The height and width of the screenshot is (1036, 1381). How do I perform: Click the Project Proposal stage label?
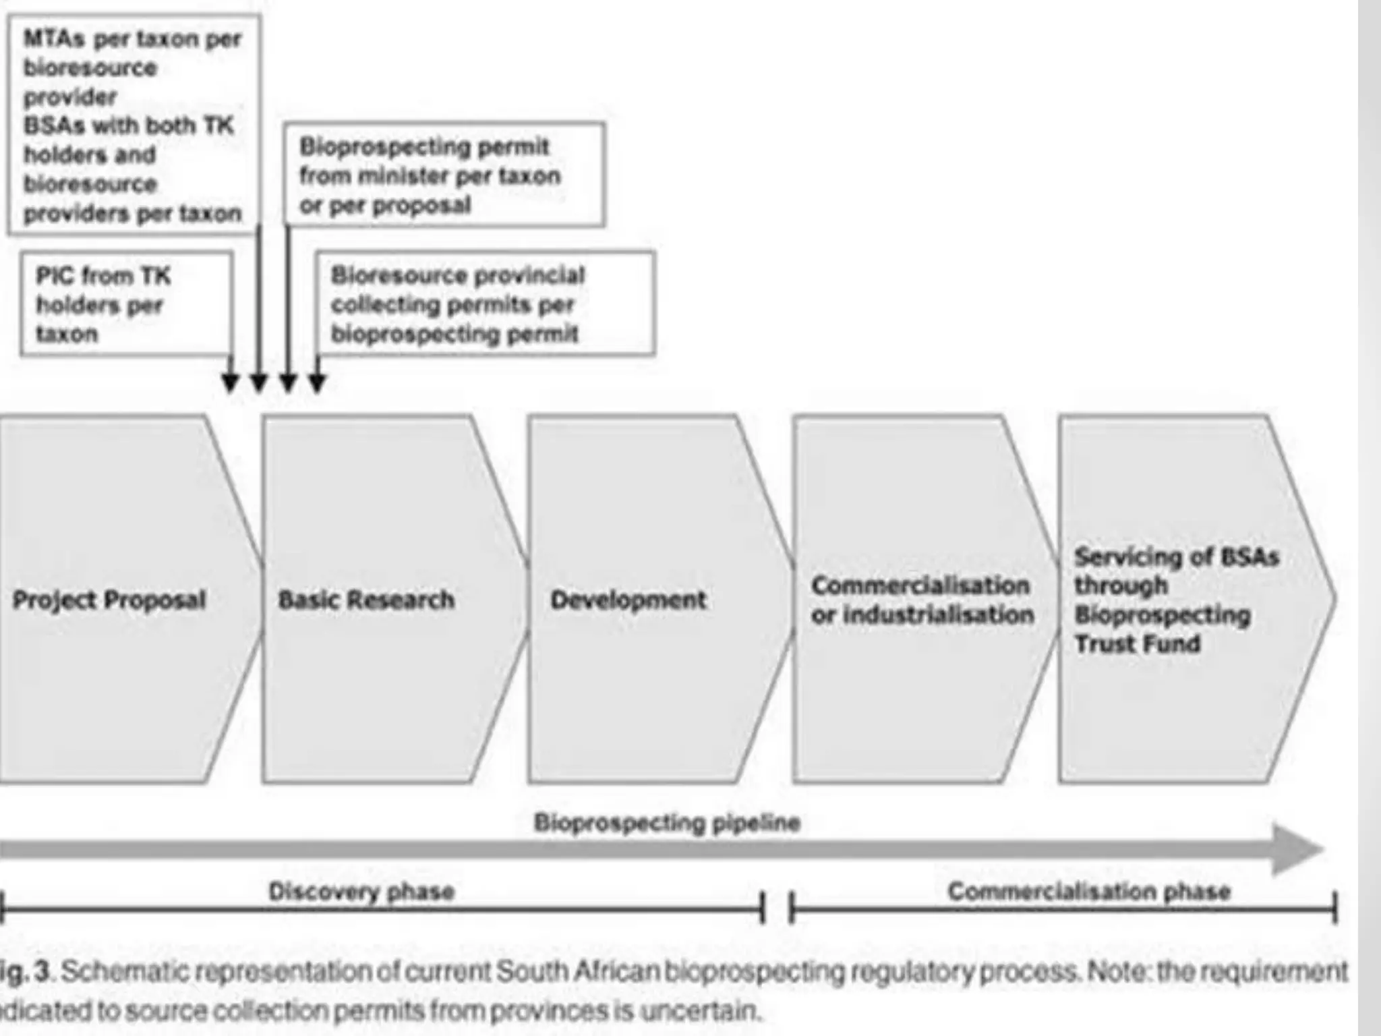(x=109, y=600)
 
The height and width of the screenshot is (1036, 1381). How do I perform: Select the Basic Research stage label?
(x=366, y=600)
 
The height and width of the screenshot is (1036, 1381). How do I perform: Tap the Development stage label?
(x=628, y=600)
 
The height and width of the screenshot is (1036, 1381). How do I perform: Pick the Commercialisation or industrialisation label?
(x=922, y=600)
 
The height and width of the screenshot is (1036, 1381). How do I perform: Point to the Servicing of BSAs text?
(x=1176, y=557)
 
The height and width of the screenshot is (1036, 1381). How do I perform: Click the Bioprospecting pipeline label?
(x=667, y=822)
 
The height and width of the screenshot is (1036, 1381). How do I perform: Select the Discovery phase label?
(x=361, y=892)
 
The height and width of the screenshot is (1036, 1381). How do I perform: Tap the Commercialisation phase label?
(x=1089, y=892)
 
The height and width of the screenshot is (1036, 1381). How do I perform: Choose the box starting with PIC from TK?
(x=127, y=304)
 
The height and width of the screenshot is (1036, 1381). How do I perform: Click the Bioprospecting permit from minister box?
(x=444, y=175)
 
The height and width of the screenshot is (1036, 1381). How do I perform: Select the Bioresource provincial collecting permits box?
(x=486, y=304)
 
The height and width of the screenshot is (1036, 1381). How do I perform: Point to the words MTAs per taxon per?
(x=132, y=39)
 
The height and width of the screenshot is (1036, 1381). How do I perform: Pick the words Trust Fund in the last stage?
(x=1138, y=643)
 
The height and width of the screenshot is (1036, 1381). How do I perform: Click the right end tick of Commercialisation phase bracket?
(x=1334, y=907)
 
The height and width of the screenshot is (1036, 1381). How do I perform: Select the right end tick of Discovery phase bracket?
(x=763, y=907)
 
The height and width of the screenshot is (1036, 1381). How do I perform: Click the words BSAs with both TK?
(x=128, y=125)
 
